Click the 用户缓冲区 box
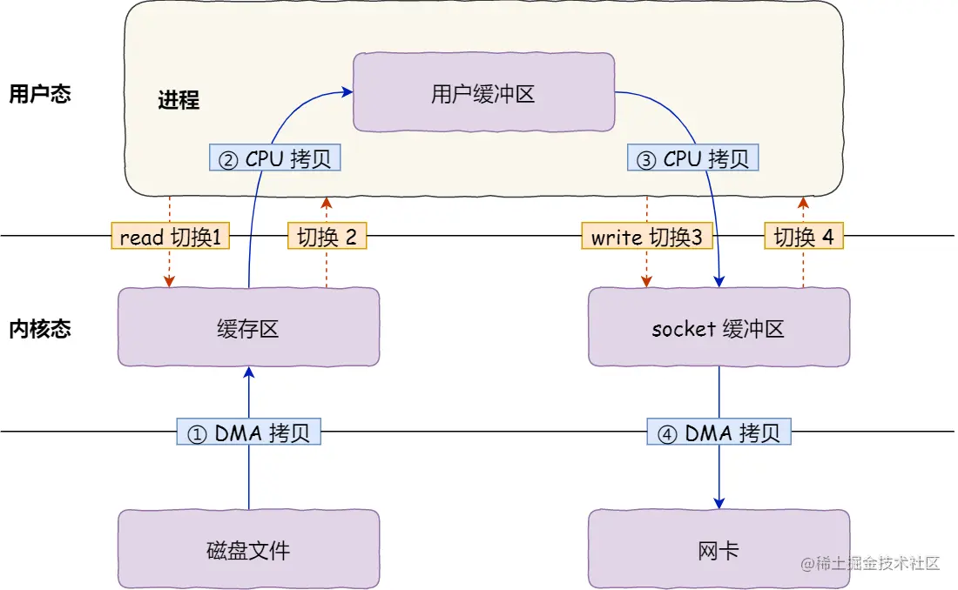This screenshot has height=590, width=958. tap(483, 92)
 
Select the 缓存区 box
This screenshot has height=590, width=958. tap(248, 327)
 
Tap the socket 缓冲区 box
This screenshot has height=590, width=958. tap(718, 327)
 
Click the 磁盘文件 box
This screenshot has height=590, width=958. tap(248, 549)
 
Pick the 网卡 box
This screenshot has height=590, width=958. tap(718, 549)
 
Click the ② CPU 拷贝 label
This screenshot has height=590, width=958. tap(275, 158)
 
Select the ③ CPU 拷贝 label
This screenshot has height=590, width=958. tap(692, 158)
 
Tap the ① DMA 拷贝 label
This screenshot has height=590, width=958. tap(249, 432)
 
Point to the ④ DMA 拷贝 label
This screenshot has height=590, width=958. tap(719, 432)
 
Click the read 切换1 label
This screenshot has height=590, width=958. tap(170, 237)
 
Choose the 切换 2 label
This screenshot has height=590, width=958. tap(327, 237)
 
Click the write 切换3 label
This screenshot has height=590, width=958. tap(647, 237)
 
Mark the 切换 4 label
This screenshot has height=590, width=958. tap(804, 237)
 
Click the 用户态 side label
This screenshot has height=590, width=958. tap(39, 94)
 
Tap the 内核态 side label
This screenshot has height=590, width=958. tap(39, 329)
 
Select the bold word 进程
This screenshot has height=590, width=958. tap(179, 100)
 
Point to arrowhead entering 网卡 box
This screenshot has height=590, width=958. tap(719, 503)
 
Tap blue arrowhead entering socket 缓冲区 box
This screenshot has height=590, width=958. tap(719, 281)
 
